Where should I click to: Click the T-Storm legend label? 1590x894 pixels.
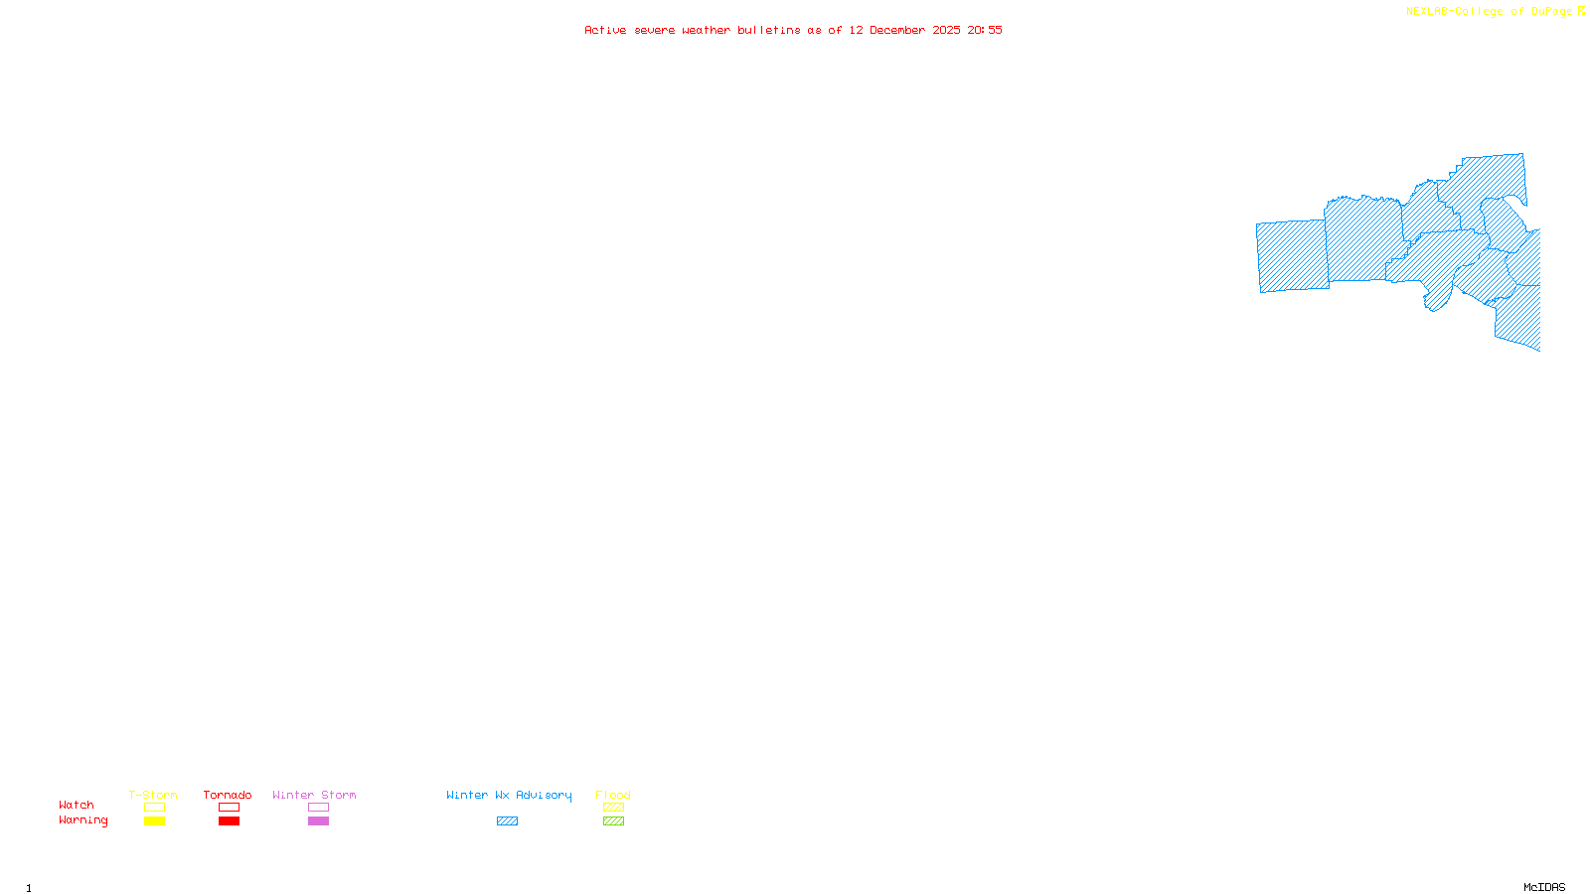pos(153,795)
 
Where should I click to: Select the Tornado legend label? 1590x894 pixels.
pos(228,795)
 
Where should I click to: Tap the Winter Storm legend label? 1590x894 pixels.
pos(314,795)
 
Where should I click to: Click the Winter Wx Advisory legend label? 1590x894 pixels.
pos(509,795)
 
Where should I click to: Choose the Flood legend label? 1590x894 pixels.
pos(613,795)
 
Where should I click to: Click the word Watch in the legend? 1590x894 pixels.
pos(77,805)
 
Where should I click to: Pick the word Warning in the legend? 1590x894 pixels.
pos(82,820)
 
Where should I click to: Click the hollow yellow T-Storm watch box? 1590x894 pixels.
pos(154,808)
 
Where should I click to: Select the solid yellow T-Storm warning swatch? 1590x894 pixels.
pos(154,821)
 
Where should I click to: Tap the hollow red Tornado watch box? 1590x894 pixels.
pos(229,808)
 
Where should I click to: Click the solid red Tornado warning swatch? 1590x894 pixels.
pos(229,821)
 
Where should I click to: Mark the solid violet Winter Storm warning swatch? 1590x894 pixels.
pos(318,821)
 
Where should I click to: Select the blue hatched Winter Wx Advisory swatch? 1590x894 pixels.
pos(507,821)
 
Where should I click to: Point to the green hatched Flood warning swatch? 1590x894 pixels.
pos(613,821)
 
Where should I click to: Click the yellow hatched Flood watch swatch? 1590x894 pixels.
pos(613,808)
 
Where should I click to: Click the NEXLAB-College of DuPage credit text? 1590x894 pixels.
pos(1490,12)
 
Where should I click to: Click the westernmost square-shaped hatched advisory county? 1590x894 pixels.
pos(1292,256)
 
